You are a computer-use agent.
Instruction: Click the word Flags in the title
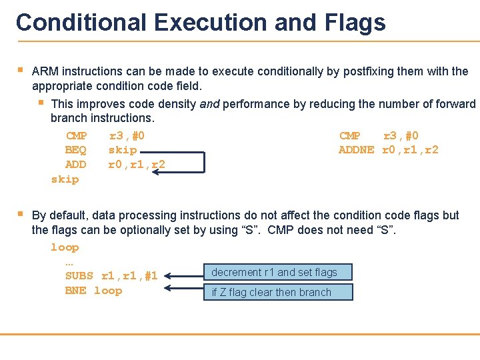click(356, 23)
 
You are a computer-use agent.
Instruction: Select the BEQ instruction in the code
click(75, 150)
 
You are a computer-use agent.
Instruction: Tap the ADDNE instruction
click(356, 150)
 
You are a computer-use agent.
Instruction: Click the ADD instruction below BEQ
click(75, 165)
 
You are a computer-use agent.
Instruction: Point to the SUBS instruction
click(79, 276)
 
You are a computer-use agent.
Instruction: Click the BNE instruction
click(75, 291)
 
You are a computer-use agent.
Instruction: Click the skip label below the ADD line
click(65, 179)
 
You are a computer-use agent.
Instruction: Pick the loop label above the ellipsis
click(65, 247)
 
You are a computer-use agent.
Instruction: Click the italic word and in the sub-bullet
click(209, 104)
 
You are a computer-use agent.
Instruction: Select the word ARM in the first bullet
click(44, 71)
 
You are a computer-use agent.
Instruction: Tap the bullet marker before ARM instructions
click(21, 70)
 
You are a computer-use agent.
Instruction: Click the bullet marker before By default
click(21, 214)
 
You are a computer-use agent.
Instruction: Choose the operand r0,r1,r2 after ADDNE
click(410, 150)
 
